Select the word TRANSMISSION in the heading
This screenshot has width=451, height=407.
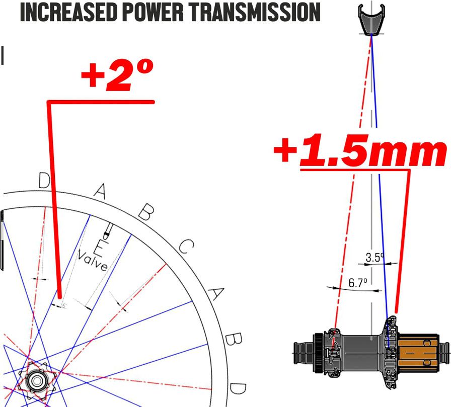(255, 12)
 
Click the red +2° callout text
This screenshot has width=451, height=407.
(117, 75)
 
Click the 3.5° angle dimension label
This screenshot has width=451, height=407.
(375, 257)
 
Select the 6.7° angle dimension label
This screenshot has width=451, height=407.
(358, 283)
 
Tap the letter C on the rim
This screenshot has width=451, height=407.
(186, 247)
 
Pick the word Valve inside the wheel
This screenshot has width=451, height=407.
(93, 261)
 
